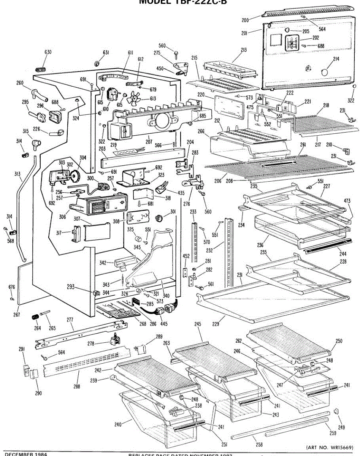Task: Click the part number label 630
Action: pos(48,52)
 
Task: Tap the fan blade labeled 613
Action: pos(133,100)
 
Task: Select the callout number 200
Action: pos(245,20)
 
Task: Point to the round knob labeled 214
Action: pos(324,72)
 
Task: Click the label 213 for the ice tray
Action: pos(244,49)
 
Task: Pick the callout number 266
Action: pos(201,131)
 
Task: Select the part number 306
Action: pos(62,217)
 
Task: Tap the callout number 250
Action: pos(339,341)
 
